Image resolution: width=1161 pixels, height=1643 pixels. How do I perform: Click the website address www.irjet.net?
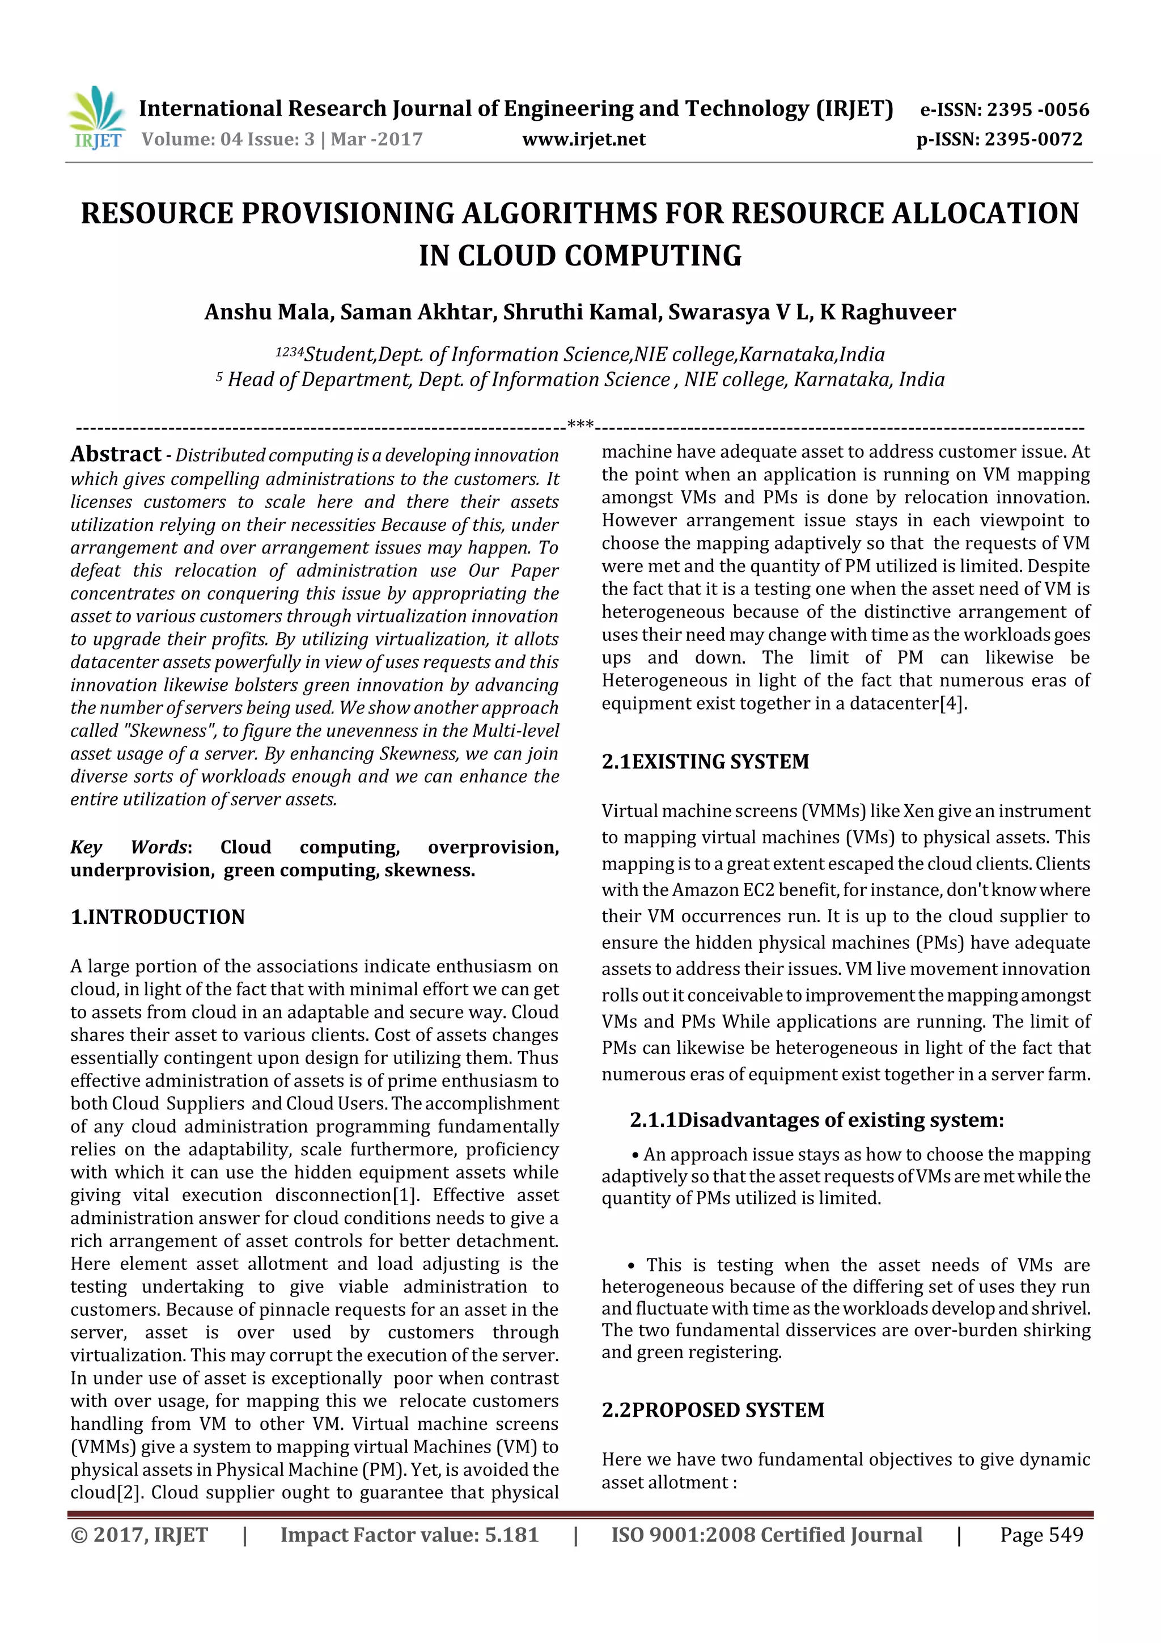tap(584, 140)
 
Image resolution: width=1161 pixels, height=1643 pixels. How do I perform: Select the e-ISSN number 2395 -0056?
tap(1037, 109)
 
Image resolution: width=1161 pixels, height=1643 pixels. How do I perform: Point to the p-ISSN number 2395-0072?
tap(1033, 140)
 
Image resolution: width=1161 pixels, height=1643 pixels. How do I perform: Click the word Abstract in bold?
tap(116, 454)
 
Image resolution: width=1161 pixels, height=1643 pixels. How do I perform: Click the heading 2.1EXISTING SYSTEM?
tap(705, 762)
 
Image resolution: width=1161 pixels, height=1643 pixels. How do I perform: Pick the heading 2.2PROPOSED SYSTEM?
tap(713, 1410)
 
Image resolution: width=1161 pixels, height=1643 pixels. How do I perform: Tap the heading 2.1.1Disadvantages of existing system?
tap(816, 1120)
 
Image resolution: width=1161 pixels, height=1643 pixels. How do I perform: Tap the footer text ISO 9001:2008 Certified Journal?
tap(766, 1535)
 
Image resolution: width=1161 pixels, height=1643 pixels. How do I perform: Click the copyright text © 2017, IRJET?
tap(139, 1535)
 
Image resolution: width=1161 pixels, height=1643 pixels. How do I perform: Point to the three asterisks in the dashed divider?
tap(580, 424)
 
